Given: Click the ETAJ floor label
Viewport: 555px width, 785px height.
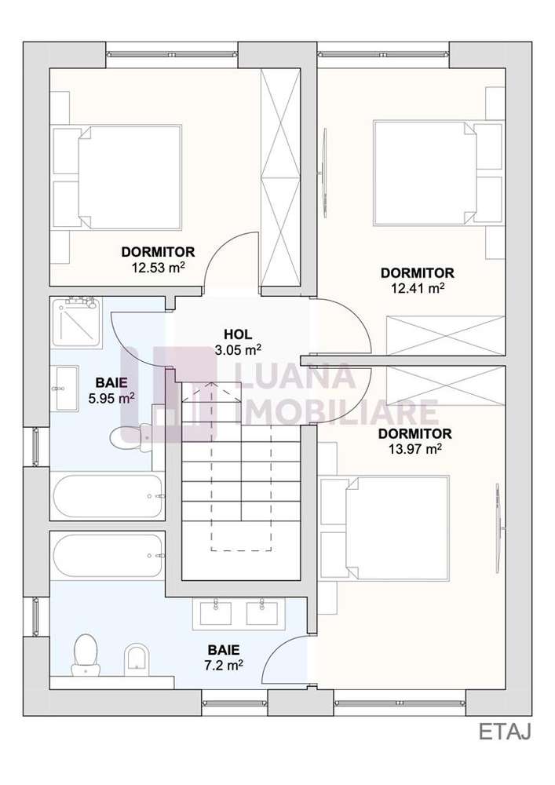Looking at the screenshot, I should pos(505,732).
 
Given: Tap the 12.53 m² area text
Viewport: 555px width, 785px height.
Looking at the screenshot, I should pos(158,267).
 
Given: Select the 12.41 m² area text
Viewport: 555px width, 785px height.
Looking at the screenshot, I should pos(417,288).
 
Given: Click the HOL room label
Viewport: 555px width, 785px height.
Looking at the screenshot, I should pos(237,334).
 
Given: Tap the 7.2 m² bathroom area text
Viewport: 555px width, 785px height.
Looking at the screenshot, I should pos(224,664).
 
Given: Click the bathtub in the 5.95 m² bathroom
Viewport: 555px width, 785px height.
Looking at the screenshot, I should pos(107,496).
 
